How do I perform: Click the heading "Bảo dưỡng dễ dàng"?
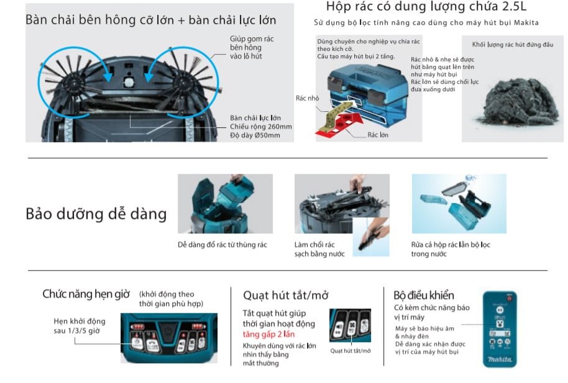click(x=96, y=214)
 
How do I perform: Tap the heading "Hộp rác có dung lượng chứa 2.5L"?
click(x=426, y=7)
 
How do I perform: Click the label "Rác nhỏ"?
click(x=307, y=98)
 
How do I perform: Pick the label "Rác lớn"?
click(x=377, y=135)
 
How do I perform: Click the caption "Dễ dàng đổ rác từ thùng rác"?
click(x=222, y=245)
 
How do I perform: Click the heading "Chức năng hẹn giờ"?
click(x=86, y=294)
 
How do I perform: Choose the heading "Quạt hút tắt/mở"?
click(x=285, y=295)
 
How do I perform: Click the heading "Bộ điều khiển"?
click(x=424, y=295)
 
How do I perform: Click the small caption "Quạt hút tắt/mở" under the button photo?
click(x=350, y=351)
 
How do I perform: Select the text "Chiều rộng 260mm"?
click(x=260, y=127)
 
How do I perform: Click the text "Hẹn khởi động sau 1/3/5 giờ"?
click(x=79, y=326)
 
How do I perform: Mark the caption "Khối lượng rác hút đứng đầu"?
click(x=512, y=45)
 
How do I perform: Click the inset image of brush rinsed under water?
click(x=370, y=237)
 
